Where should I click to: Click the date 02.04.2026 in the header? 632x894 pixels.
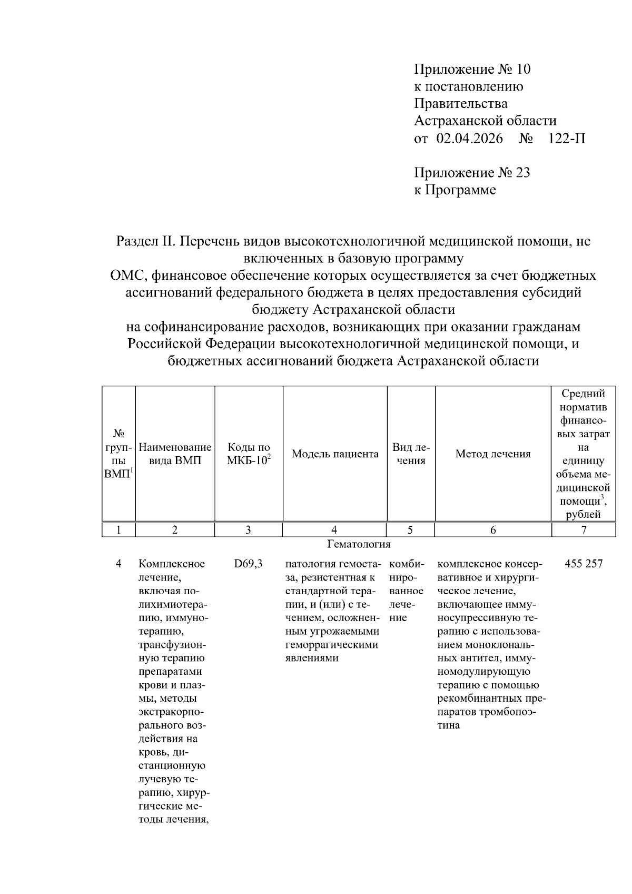(x=469, y=139)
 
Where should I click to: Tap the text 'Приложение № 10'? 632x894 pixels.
(x=472, y=69)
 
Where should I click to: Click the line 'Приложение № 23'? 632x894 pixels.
(x=472, y=173)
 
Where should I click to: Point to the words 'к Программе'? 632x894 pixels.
(x=455, y=190)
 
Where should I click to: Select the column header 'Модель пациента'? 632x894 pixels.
(x=335, y=454)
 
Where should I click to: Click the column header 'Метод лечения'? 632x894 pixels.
(x=492, y=454)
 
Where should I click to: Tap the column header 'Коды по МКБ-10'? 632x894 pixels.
(x=249, y=454)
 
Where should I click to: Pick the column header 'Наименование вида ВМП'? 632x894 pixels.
(x=175, y=454)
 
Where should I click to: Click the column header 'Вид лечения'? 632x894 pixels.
(x=410, y=454)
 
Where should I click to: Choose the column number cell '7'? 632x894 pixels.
(x=584, y=530)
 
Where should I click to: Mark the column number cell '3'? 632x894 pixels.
(x=248, y=530)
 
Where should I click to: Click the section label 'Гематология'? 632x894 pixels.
(x=359, y=544)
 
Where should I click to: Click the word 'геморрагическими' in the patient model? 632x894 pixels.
(x=331, y=645)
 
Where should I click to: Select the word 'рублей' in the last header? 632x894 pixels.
(x=584, y=515)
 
